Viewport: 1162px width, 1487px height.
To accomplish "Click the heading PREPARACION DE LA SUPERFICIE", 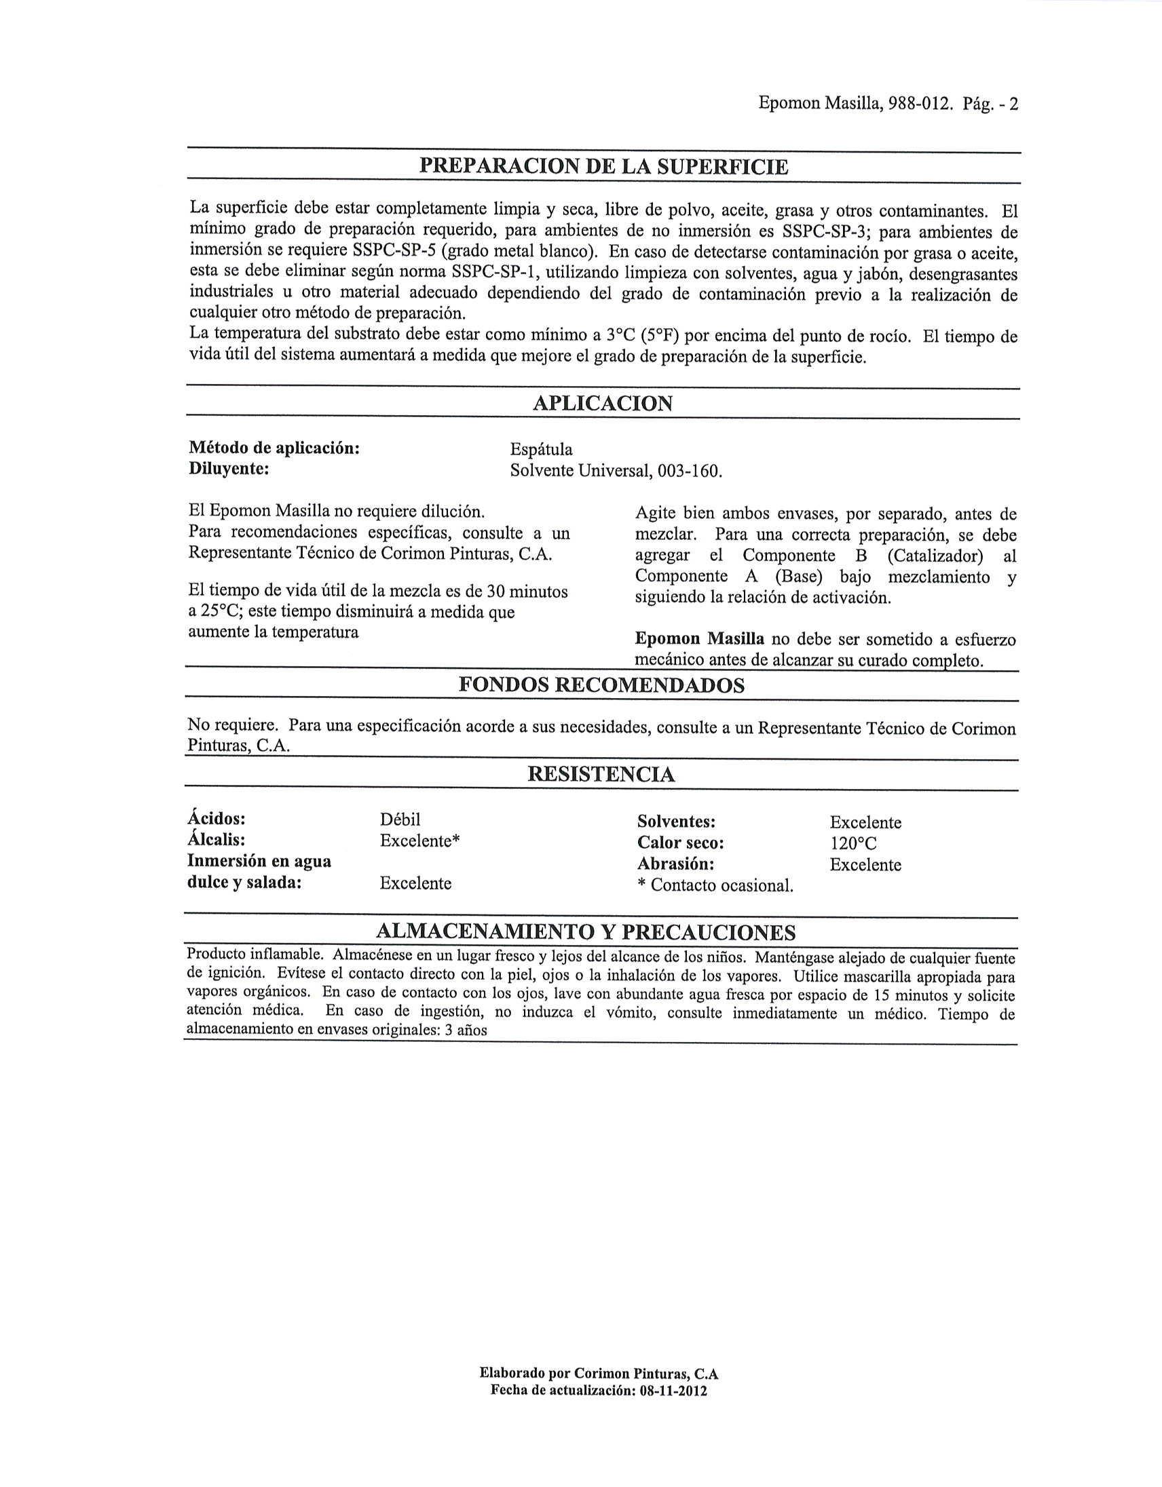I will pyautogui.click(x=603, y=166).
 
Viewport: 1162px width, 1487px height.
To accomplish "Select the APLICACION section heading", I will pyautogui.click(x=602, y=403).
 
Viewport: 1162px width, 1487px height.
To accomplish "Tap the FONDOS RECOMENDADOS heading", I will pyautogui.click(x=601, y=685).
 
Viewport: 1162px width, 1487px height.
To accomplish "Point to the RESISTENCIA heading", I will pyautogui.click(x=601, y=774).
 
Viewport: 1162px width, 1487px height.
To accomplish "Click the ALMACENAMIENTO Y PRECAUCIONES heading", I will pyautogui.click(x=586, y=931).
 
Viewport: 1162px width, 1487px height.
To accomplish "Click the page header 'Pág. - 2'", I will pyautogui.click(x=991, y=104).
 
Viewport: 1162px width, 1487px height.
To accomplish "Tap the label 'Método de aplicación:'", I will pyautogui.click(x=274, y=448).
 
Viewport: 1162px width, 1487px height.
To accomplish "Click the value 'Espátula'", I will pyautogui.click(x=542, y=449).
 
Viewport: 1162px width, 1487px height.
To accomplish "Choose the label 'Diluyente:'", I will pyautogui.click(x=229, y=469).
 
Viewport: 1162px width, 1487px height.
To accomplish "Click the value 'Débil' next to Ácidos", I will pyautogui.click(x=400, y=819).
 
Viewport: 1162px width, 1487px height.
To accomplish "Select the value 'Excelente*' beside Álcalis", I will pyautogui.click(x=419, y=841).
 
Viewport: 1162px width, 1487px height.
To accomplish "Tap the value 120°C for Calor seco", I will pyautogui.click(x=852, y=844).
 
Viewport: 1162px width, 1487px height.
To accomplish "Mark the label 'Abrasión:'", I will pyautogui.click(x=675, y=864).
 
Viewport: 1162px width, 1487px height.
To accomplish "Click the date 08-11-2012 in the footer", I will pyautogui.click(x=673, y=1390).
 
